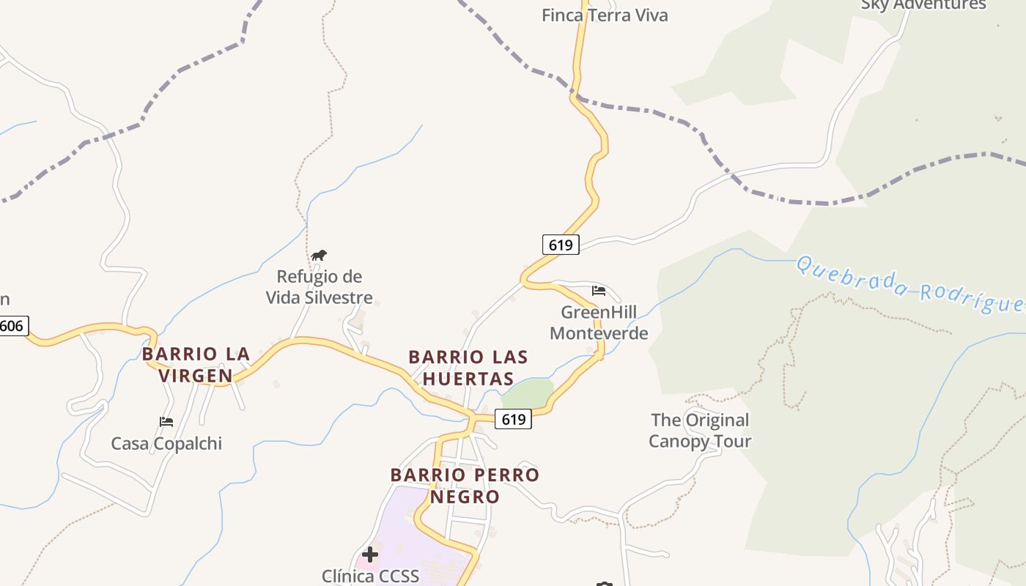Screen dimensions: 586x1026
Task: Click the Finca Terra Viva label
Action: pos(605,15)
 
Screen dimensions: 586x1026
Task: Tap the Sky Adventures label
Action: pos(923,4)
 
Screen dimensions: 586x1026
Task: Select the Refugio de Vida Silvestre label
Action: pos(319,287)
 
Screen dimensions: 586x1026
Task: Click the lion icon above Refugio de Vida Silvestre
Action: pos(318,256)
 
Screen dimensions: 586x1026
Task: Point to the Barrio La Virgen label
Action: pos(196,365)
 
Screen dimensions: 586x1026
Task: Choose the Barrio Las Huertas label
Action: pos(468,368)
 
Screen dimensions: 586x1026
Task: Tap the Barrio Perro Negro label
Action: pos(465,485)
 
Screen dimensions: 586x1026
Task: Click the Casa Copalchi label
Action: pos(166,443)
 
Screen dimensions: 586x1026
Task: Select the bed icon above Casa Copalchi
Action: pos(166,422)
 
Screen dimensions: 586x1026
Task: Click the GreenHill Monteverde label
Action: pos(599,322)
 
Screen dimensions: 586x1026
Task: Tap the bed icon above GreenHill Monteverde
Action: pos(599,291)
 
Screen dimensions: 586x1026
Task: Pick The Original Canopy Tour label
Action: pos(700,430)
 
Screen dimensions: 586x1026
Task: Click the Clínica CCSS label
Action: pos(370,576)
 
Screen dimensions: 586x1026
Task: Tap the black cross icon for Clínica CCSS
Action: pos(370,555)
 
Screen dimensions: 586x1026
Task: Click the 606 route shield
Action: pos(12,326)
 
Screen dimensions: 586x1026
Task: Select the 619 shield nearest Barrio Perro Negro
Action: pos(513,419)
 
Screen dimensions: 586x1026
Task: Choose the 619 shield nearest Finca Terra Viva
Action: pos(561,245)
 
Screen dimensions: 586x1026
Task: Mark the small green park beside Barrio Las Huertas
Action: pos(528,394)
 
